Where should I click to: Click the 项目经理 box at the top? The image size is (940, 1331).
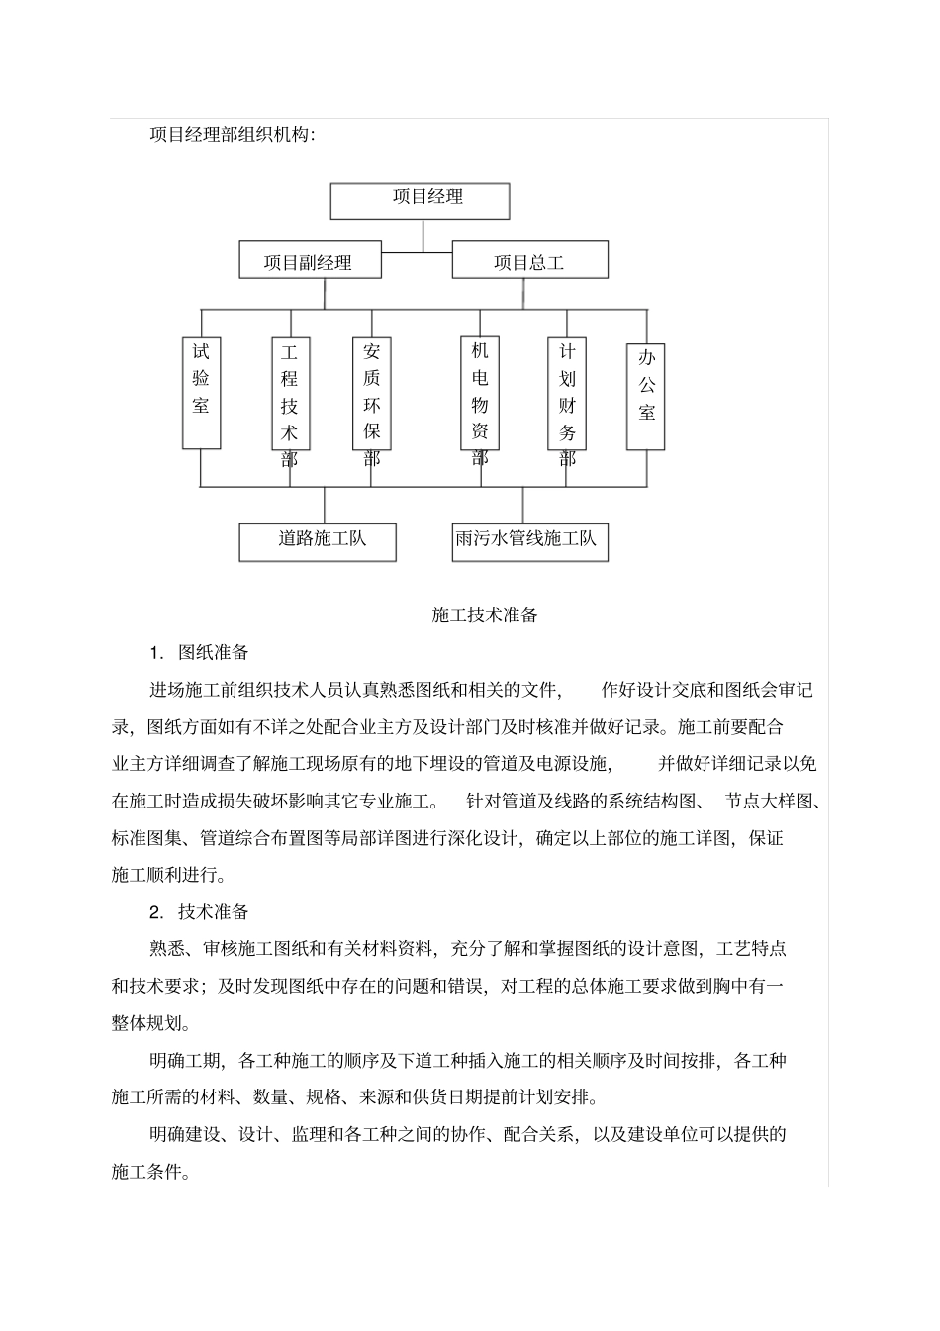[420, 200]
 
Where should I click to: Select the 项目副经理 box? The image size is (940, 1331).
[310, 261]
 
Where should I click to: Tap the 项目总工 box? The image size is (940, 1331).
[529, 261]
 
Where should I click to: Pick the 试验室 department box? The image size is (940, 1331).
[201, 392]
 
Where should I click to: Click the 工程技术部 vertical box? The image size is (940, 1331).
[289, 394]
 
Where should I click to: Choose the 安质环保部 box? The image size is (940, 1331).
[371, 394]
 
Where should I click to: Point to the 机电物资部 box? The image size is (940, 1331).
[480, 393]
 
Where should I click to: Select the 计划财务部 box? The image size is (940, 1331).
[567, 394]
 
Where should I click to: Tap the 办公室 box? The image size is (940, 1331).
[646, 396]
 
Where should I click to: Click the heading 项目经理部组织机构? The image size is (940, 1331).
[233, 134]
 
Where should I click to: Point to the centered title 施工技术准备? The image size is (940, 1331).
[485, 615]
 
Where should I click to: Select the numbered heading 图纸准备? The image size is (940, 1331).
[213, 652]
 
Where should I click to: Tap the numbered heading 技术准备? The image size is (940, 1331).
[213, 912]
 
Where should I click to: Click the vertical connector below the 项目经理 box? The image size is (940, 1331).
[423, 236]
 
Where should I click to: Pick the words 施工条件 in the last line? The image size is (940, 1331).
[147, 1172]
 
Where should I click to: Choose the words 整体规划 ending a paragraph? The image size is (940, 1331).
[147, 1023]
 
